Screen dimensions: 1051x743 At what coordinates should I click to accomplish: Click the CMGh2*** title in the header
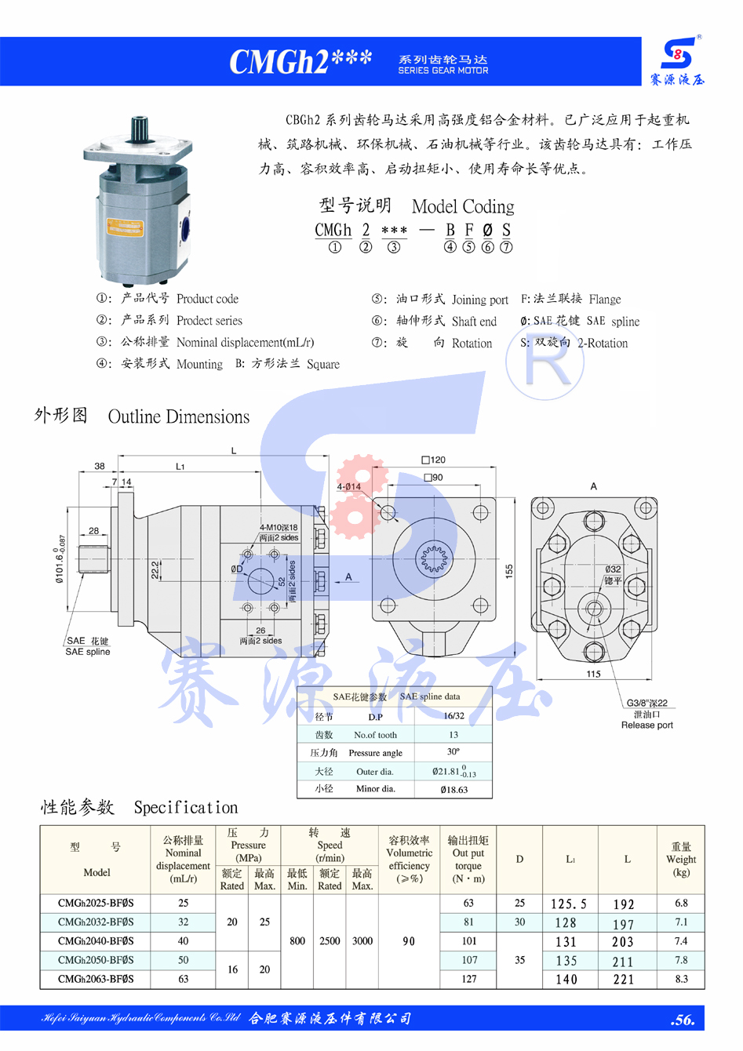coord(300,61)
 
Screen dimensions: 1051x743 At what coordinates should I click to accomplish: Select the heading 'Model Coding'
coord(463,206)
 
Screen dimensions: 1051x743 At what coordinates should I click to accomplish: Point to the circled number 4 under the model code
coord(450,247)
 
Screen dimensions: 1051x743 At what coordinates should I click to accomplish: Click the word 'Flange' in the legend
coord(604,299)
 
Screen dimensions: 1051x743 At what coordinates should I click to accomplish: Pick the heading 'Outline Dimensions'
coord(179,416)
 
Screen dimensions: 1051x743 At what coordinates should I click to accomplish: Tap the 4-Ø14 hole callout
coord(349,486)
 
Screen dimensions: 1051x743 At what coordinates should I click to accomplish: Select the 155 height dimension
coord(509,571)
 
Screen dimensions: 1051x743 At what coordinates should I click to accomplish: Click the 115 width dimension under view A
coord(593,674)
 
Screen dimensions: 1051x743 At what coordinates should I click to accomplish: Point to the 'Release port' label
coord(646,725)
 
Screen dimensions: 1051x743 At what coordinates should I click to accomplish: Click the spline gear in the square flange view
coord(433,558)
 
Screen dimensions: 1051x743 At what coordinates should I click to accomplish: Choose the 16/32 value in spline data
coord(453,716)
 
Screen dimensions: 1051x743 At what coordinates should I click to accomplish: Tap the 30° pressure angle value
coord(453,751)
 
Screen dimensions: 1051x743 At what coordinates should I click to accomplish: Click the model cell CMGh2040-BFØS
coord(96,940)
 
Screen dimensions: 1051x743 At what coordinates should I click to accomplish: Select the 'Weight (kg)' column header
coord(680,860)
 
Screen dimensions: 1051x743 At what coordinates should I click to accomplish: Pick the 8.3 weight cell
coord(680,979)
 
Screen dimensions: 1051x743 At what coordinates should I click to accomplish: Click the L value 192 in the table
coord(624,904)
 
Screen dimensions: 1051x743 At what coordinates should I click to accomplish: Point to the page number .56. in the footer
coord(683,1020)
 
